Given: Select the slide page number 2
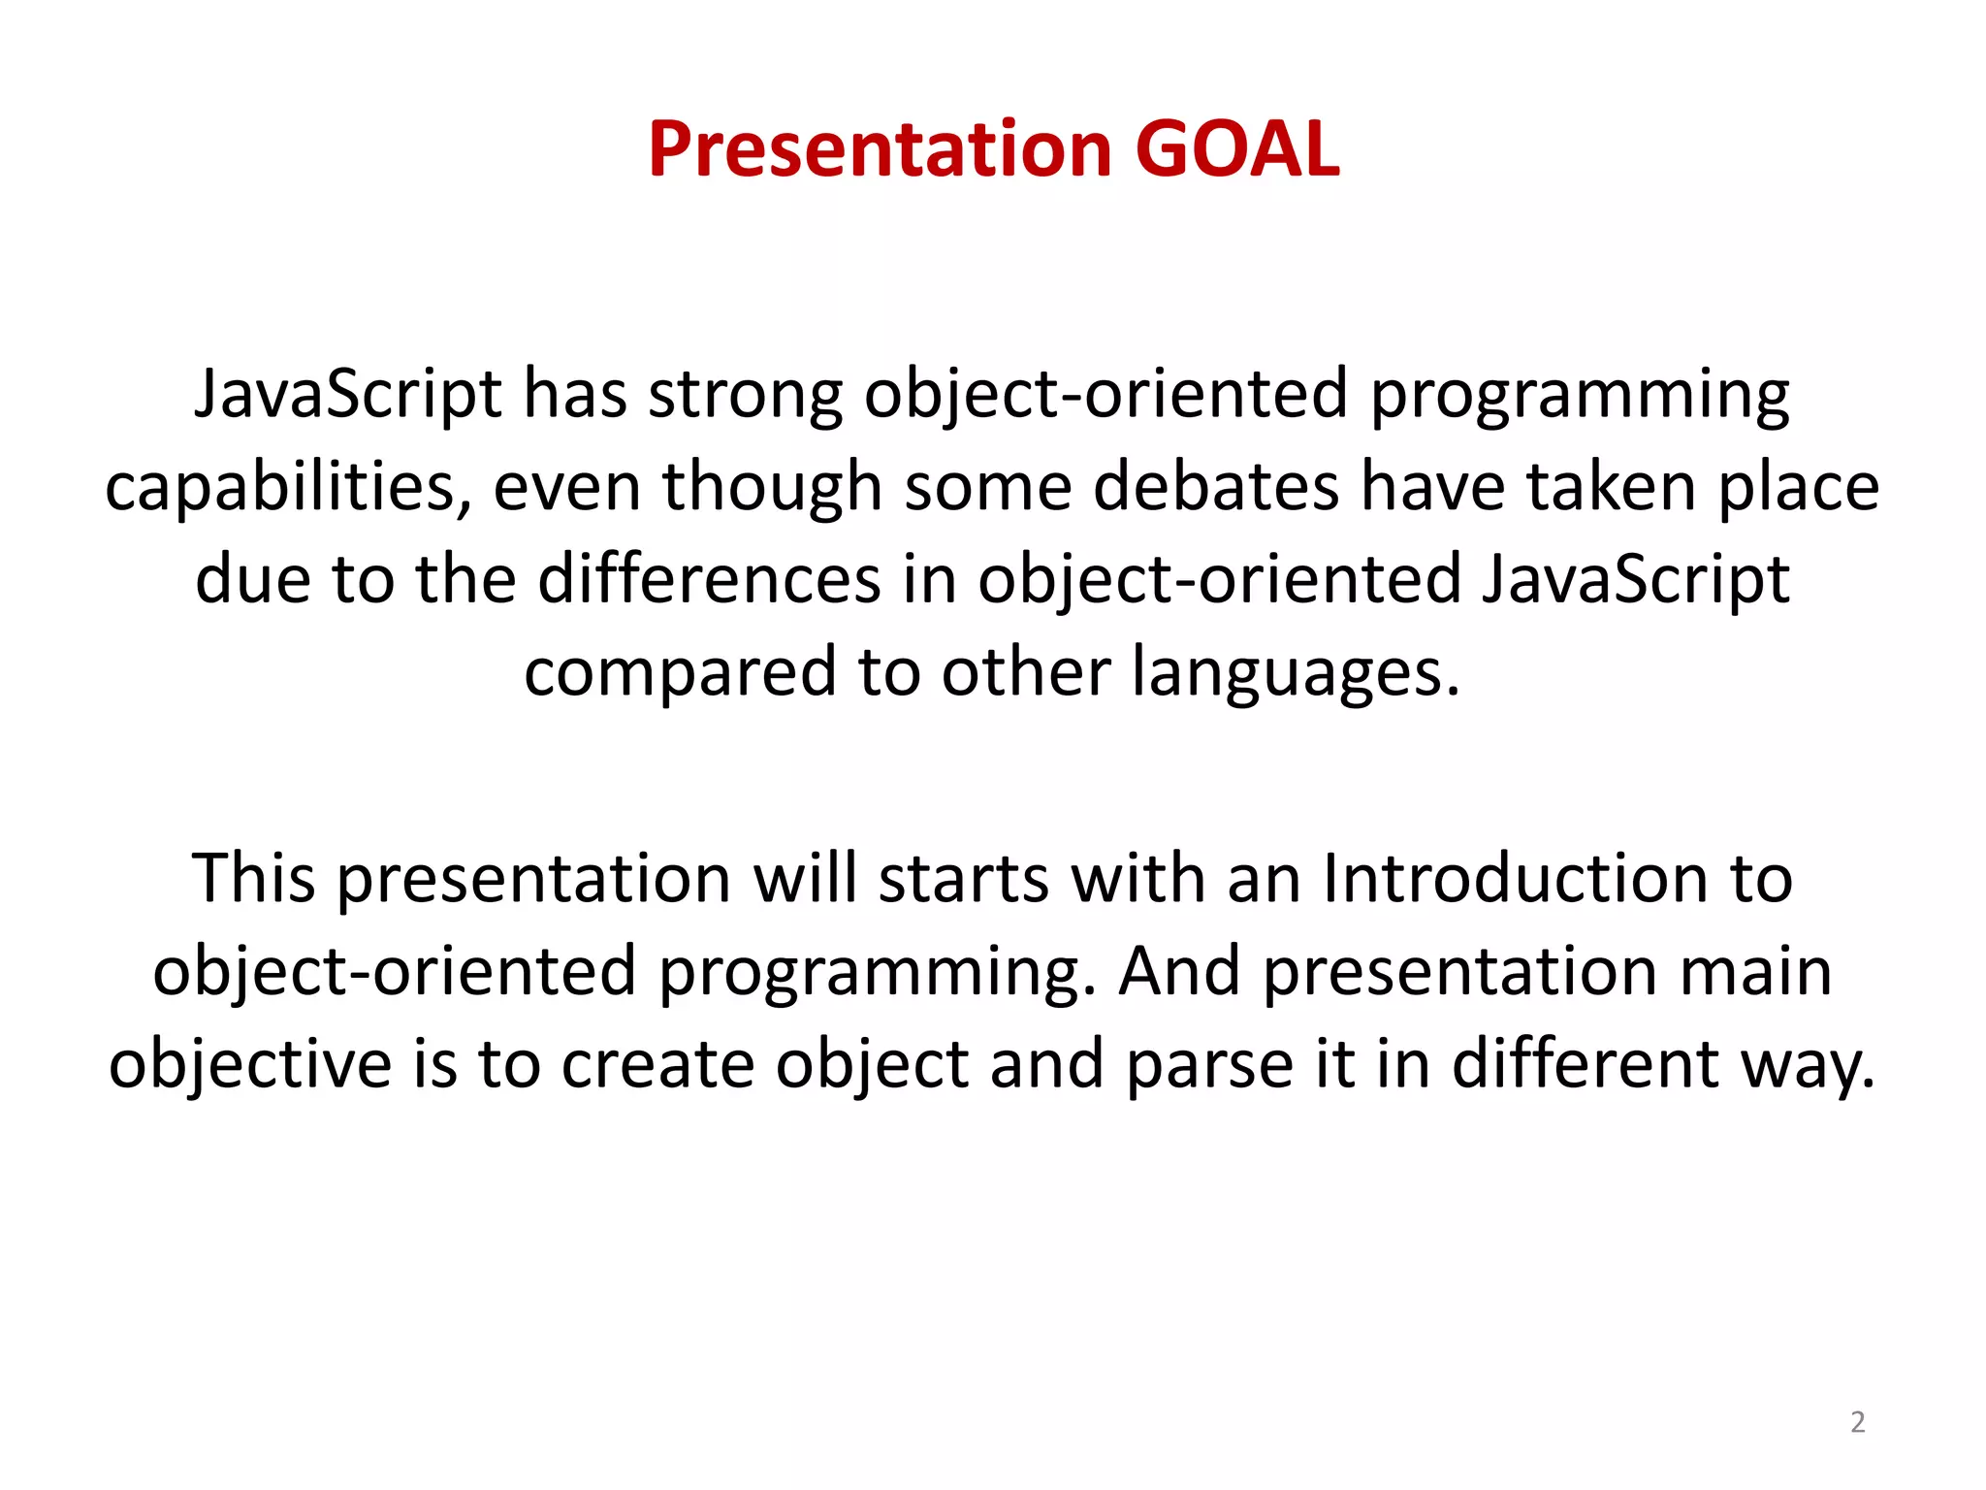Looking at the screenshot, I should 1857,1422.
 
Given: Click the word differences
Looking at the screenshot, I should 709,579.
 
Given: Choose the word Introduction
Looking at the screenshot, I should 1512,878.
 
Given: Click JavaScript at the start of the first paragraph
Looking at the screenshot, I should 348,395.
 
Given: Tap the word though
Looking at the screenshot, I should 771,487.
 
